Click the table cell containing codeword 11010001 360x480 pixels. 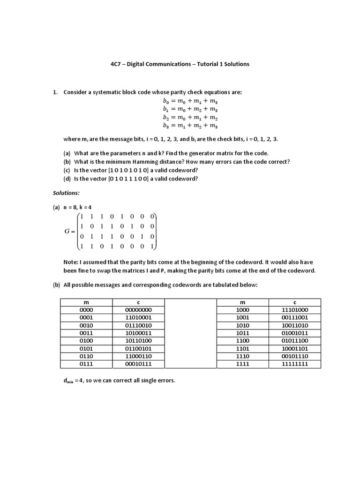(138, 317)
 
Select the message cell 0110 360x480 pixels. (86, 356)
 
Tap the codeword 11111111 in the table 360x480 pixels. (294, 364)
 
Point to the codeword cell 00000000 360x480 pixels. (138, 310)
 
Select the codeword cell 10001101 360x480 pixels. (294, 348)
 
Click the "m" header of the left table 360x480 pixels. (86, 302)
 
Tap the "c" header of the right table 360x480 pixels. (294, 302)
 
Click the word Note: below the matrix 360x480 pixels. (71, 262)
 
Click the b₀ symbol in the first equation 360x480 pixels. (165, 101)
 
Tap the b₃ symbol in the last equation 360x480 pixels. (165, 126)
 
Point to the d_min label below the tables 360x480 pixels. (68, 381)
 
